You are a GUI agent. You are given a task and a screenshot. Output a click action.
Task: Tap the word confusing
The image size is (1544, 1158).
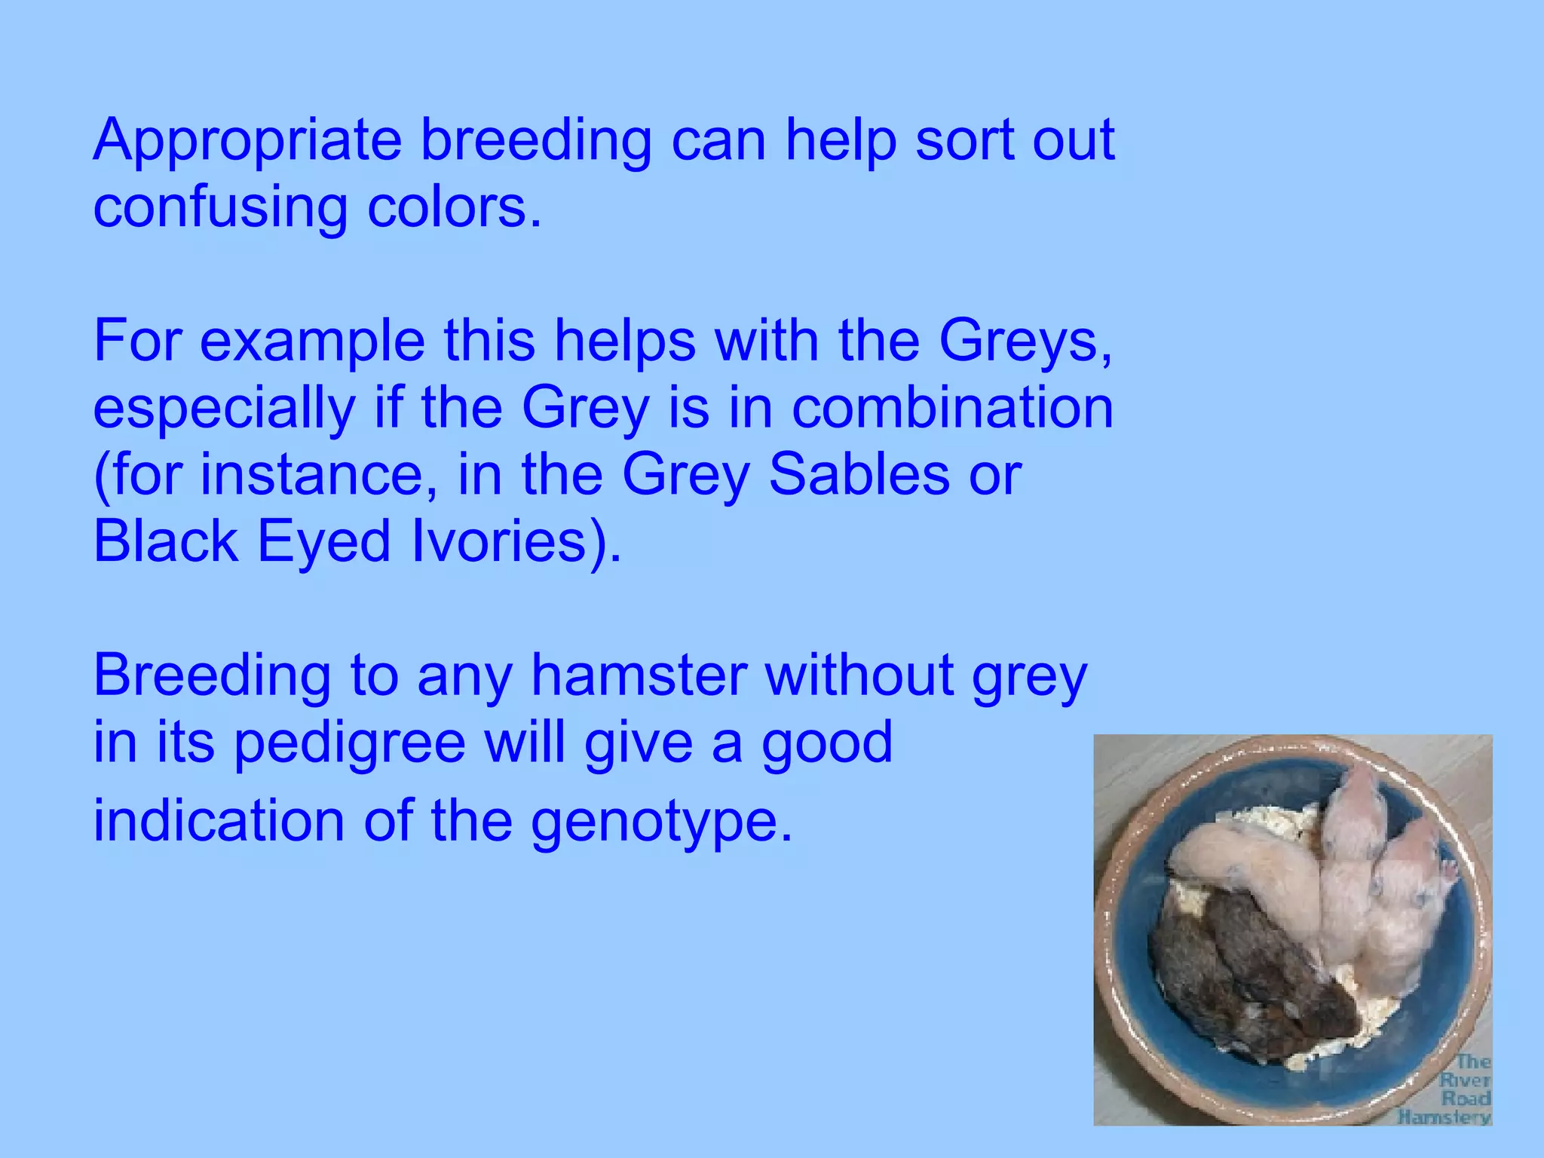220,207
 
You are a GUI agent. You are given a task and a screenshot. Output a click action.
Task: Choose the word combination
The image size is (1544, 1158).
952,408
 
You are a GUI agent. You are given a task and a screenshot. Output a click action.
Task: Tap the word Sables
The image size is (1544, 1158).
859,475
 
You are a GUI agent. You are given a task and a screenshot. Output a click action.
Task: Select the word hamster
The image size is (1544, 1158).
639,675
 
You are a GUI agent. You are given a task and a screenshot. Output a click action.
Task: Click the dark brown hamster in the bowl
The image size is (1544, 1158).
1244,980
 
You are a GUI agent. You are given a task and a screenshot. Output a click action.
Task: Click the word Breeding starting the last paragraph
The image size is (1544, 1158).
212,675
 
